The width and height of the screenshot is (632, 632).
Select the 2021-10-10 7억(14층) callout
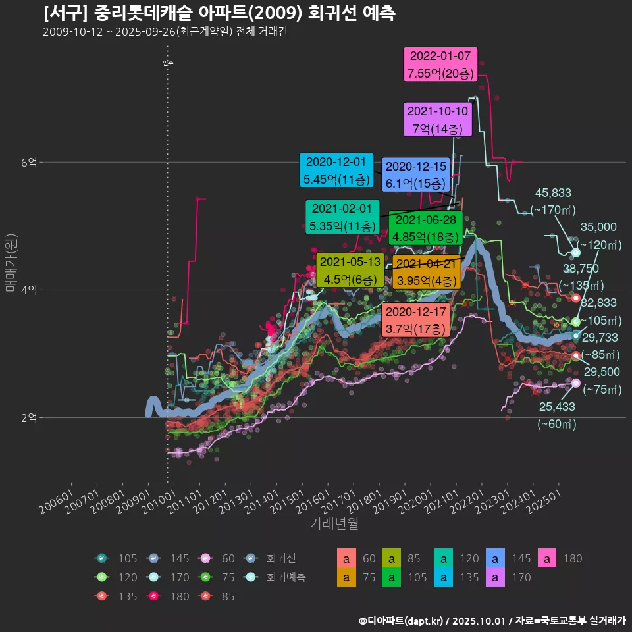(x=438, y=120)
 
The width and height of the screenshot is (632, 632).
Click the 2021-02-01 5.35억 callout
(x=342, y=217)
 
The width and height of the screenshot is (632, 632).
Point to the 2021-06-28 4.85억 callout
(x=425, y=228)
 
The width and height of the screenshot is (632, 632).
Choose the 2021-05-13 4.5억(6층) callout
(x=349, y=270)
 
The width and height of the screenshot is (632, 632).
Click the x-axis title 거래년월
(x=334, y=524)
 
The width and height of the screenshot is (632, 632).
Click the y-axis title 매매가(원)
(x=11, y=262)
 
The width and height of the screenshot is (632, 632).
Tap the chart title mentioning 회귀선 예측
(x=219, y=13)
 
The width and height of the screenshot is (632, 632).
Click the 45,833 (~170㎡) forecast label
(x=553, y=201)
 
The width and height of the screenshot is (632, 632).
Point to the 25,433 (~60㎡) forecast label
(x=556, y=415)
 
